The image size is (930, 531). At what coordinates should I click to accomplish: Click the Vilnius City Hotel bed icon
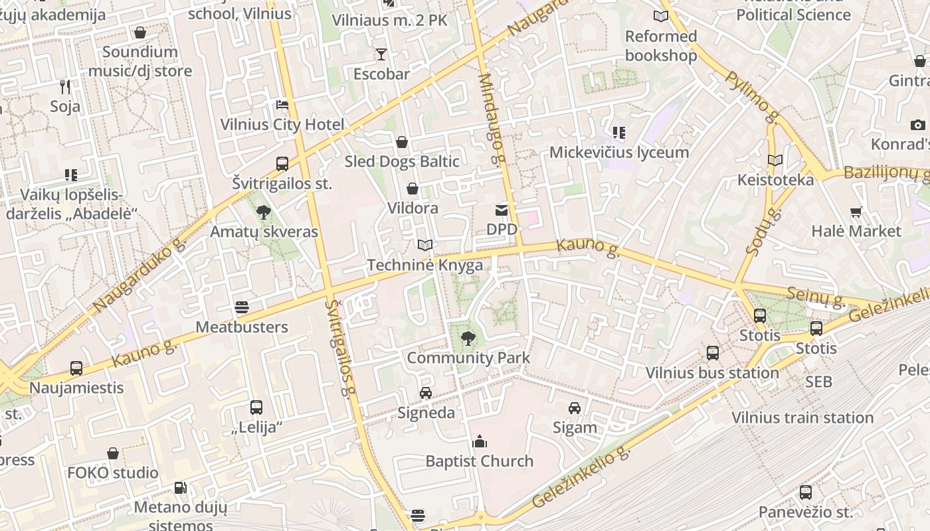coord(282,105)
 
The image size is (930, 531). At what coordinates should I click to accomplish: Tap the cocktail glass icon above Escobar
coord(381,54)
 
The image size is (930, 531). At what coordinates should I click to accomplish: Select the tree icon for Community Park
coord(468,339)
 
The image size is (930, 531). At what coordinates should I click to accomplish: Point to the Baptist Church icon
coord(480,441)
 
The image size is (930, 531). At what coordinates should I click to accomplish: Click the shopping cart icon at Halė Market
coord(856,212)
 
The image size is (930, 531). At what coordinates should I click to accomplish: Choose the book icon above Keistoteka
coord(775,161)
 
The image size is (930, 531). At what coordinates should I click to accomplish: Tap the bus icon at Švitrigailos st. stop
coord(282,163)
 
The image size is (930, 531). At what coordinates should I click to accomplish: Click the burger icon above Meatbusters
coord(242,307)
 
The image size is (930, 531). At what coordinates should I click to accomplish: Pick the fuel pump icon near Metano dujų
coord(180,488)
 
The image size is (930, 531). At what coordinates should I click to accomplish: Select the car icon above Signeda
coord(426,393)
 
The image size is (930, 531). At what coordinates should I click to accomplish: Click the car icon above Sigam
coord(575,408)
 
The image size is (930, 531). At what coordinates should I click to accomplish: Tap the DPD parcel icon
coord(502,210)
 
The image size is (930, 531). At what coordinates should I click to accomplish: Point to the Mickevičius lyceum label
coord(619,152)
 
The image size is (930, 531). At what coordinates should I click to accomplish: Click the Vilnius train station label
coord(802,417)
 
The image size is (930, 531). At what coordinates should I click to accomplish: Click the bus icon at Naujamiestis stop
coord(76,368)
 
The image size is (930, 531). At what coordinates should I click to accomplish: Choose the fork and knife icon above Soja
coord(65,86)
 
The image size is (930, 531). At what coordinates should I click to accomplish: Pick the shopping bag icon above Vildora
coord(413,189)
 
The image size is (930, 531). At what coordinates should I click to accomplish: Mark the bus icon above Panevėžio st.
coord(806,493)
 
